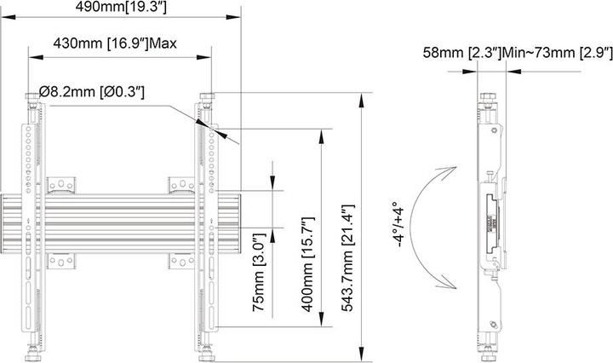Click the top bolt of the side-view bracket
(488, 101)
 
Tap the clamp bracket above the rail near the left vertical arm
(63, 184)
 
